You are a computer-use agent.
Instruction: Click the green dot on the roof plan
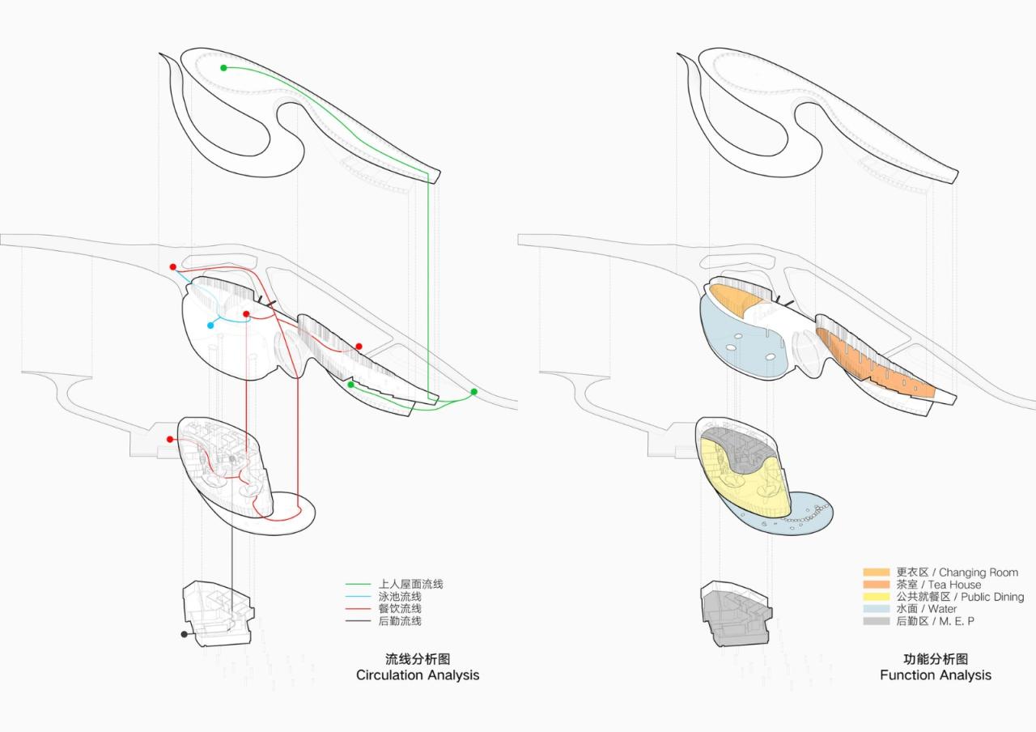tap(223, 68)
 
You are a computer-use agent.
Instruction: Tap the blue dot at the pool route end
tap(210, 326)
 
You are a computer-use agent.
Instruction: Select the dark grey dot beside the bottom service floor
tap(185, 635)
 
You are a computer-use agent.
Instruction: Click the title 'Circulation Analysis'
tap(418, 675)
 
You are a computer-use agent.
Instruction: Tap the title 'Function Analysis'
tap(936, 675)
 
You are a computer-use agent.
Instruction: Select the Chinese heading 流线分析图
tap(418, 659)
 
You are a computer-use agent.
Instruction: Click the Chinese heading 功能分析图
tap(936, 659)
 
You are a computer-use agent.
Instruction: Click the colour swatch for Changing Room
tap(877, 572)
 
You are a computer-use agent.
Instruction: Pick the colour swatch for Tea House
tap(877, 585)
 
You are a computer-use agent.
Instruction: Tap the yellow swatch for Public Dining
tap(877, 597)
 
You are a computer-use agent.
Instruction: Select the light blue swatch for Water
tap(877, 609)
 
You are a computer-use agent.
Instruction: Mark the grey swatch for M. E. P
tap(877, 621)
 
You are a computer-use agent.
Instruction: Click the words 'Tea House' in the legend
tap(954, 585)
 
